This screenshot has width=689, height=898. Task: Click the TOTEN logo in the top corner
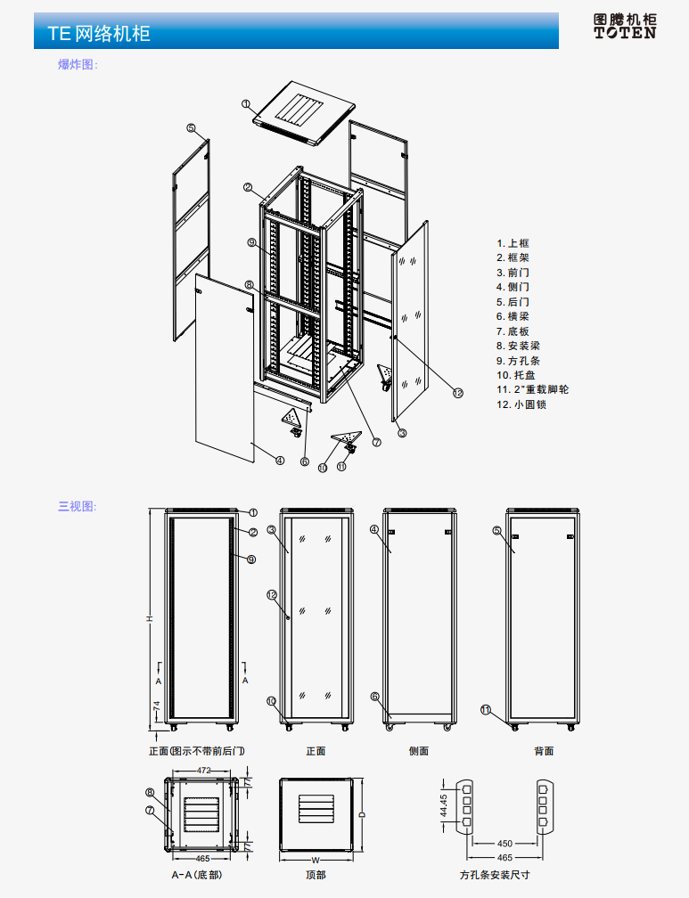(x=625, y=26)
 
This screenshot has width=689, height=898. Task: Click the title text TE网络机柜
(x=99, y=34)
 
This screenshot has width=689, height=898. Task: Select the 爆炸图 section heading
(x=78, y=64)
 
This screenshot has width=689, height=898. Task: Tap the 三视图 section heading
(x=78, y=506)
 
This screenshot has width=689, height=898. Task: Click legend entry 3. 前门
(x=513, y=273)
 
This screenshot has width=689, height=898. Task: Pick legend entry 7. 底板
(x=513, y=331)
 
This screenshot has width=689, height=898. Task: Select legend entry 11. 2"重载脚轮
(x=533, y=390)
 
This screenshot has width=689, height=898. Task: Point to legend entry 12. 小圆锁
(x=521, y=404)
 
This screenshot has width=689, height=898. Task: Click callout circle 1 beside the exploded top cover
(x=245, y=103)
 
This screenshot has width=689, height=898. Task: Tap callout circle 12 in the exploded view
(x=458, y=393)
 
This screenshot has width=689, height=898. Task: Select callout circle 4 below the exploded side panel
(x=280, y=461)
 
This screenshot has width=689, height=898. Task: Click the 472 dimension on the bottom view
(x=204, y=770)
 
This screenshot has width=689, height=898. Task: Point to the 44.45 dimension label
(x=444, y=805)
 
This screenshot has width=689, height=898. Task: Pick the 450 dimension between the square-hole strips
(x=504, y=843)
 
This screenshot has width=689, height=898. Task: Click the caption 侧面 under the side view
(x=419, y=751)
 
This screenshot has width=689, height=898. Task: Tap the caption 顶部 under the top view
(x=316, y=875)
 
